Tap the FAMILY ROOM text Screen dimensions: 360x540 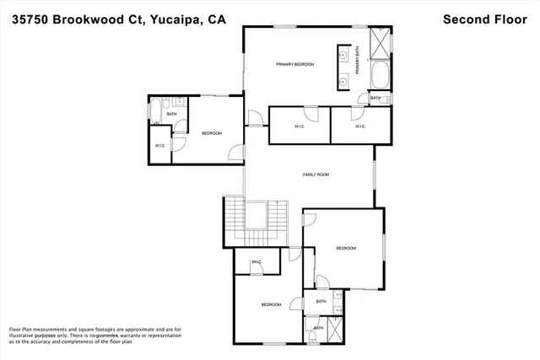pos(316,175)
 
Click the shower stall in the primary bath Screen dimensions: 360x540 pos(381,41)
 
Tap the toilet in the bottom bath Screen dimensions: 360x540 pos(313,338)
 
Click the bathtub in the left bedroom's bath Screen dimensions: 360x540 pos(154,108)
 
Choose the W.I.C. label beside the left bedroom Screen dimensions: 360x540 pos(160,146)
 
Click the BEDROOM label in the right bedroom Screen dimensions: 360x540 pos(346,248)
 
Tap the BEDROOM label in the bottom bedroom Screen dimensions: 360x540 pos(270,304)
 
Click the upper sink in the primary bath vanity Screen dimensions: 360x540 pos(344,55)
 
